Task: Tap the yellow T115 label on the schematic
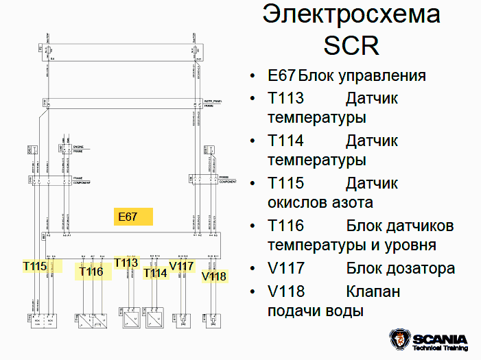tap(34, 265)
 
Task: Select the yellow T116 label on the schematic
tap(91, 272)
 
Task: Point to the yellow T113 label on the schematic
tap(126, 263)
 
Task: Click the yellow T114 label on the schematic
tap(155, 273)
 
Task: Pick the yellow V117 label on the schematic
tap(182, 265)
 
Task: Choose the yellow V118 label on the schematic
tap(214, 276)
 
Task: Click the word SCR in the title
tap(351, 45)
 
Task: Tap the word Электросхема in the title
tap(352, 14)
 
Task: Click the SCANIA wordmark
tap(440, 339)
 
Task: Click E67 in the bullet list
tap(281, 75)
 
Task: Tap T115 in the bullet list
tap(285, 184)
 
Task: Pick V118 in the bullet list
tap(286, 291)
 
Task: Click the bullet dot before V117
tap(253, 269)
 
